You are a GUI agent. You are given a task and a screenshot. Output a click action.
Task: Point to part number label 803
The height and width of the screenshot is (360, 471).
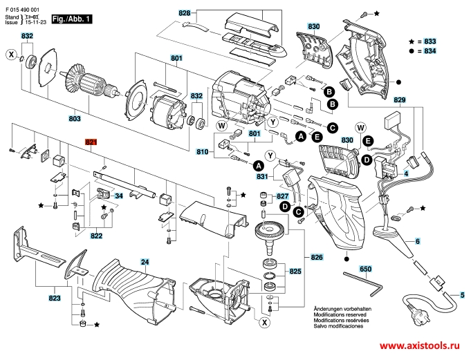[x=74, y=119]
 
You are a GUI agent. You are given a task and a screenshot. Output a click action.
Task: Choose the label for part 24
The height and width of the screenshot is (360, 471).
[x=145, y=262]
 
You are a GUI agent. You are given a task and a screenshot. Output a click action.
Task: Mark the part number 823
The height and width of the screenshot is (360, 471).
[x=55, y=298]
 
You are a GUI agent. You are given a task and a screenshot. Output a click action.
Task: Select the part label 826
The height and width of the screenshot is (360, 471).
[x=317, y=257]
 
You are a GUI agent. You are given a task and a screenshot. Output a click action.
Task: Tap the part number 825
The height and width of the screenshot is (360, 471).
[x=295, y=271]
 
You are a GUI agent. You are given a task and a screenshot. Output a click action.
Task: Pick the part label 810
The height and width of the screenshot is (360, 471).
[x=203, y=151]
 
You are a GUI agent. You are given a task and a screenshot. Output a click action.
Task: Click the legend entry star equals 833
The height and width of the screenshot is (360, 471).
[x=423, y=41]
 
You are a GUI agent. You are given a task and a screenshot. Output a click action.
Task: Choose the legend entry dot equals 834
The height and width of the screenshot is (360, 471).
[x=423, y=51]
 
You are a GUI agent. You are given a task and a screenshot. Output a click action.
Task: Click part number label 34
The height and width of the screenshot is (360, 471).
[x=118, y=196]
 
